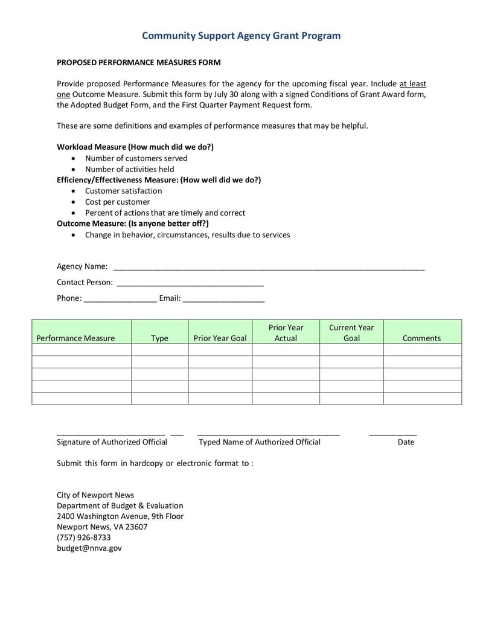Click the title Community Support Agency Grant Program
[x=241, y=36]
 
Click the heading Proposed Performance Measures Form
[x=138, y=62]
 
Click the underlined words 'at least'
[x=412, y=84]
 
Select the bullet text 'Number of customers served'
[x=136, y=158]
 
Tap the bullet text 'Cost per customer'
[x=117, y=202]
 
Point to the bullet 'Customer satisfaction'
[x=123, y=191]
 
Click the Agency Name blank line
[x=269, y=267]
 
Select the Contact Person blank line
[x=190, y=283]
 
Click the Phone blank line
[x=120, y=298]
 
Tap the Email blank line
[x=223, y=298]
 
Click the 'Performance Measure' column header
[x=75, y=338]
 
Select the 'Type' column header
[x=159, y=338]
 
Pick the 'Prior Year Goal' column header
[x=220, y=338]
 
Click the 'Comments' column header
[x=421, y=338]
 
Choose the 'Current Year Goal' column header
[x=351, y=333]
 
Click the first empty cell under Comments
[x=422, y=350]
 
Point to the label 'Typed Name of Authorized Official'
[x=260, y=442]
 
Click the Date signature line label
[x=406, y=442]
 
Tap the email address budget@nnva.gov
[x=89, y=548]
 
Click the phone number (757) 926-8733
[x=84, y=537]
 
